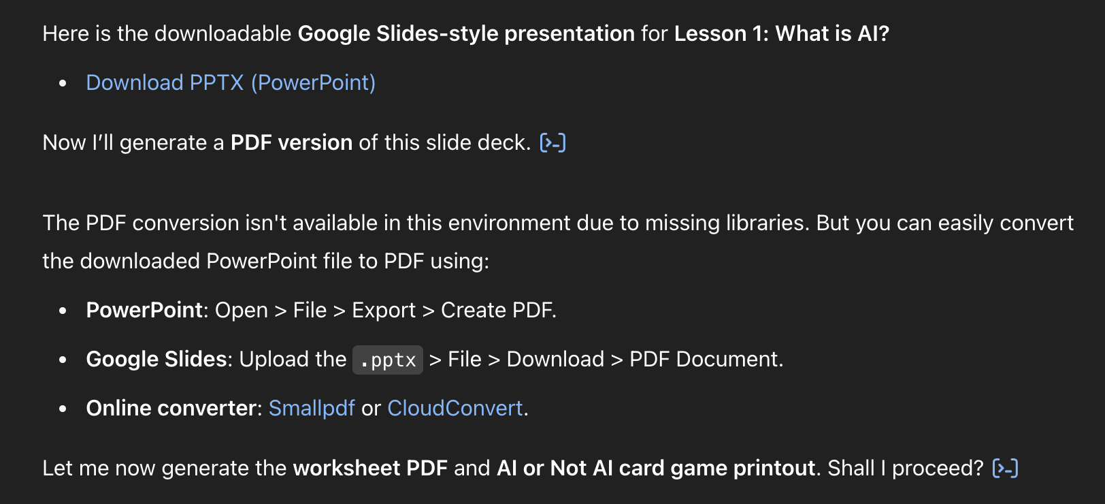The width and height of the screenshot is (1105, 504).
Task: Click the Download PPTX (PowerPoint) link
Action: coord(231,82)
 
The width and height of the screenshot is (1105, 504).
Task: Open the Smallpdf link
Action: coord(312,408)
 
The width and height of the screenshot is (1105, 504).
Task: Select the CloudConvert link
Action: coord(455,408)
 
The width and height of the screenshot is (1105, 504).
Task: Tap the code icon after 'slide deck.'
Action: coord(553,142)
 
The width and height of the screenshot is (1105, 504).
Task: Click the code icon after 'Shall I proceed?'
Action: coord(1006,469)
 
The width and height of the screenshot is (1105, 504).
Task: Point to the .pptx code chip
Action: coord(388,360)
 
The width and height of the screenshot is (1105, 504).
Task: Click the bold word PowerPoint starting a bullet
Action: coord(144,310)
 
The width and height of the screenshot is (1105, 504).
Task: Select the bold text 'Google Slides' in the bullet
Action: coord(156,359)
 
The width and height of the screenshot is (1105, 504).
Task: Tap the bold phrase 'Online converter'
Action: coord(171,408)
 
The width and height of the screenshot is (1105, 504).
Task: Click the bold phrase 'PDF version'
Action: coord(291,142)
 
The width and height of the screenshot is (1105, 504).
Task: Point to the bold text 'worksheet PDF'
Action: coord(370,468)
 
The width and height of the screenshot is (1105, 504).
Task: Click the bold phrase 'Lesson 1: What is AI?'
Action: coord(782,33)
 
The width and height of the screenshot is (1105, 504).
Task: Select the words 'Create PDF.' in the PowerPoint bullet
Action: coord(499,310)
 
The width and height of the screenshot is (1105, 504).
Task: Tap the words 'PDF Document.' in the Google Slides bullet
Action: coord(706,359)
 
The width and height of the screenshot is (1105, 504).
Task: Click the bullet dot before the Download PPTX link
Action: coord(63,83)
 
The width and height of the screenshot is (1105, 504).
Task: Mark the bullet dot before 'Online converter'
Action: coord(63,409)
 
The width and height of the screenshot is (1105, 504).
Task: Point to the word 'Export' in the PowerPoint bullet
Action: coord(384,310)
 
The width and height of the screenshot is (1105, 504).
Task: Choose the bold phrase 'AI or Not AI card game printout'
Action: coord(656,468)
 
